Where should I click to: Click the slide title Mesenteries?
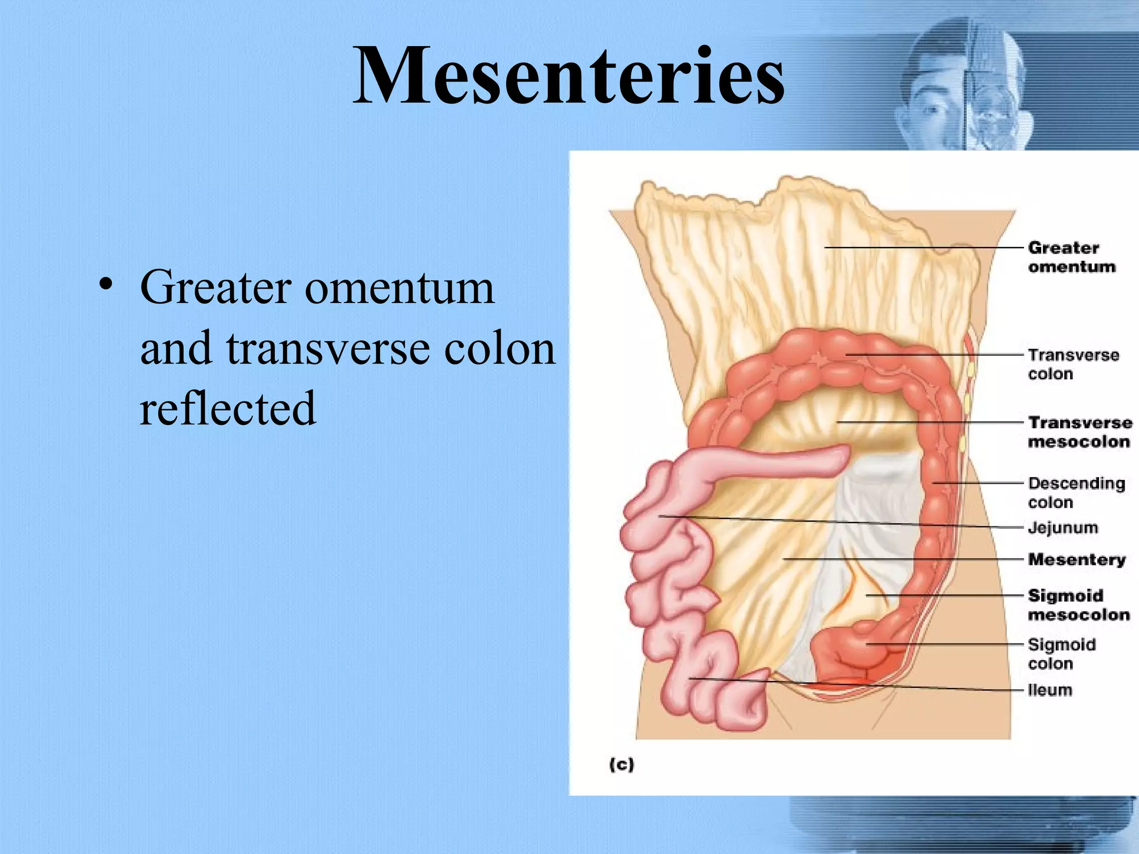click(569, 75)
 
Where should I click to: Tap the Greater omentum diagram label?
click(1071, 257)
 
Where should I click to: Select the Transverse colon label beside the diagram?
click(1073, 364)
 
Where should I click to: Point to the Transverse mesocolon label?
click(1079, 432)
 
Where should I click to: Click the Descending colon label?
click(1076, 493)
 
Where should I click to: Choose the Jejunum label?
click(1063, 527)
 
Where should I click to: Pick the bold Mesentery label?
click(1077, 559)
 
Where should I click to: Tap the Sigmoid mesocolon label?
click(1078, 605)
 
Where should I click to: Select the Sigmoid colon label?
click(1061, 654)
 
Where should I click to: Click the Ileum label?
click(1049, 690)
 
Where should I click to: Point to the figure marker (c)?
click(621, 764)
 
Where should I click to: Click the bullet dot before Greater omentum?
click(103, 284)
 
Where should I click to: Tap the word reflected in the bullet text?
click(228, 409)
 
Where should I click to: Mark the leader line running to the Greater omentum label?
click(923, 247)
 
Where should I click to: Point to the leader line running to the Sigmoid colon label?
click(945, 644)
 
